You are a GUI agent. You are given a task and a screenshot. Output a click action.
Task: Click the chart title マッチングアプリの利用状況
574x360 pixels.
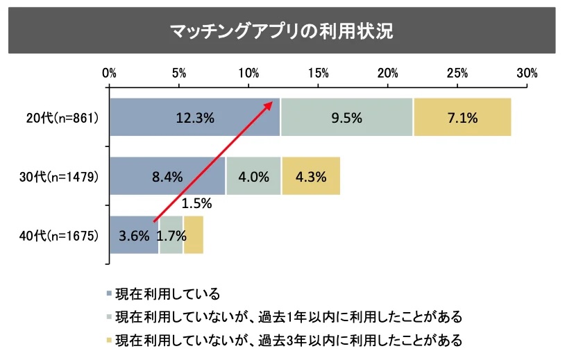tap(282, 31)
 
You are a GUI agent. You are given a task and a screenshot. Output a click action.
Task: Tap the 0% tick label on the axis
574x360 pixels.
tap(109, 73)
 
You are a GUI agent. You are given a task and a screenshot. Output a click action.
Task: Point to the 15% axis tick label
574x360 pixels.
tap(319, 73)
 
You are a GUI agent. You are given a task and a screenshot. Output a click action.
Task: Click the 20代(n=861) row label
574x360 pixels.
tap(62, 118)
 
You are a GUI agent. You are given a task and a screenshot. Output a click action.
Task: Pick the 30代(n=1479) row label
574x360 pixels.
tap(60, 176)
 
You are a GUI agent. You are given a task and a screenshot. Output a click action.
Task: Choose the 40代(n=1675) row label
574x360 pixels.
tap(60, 235)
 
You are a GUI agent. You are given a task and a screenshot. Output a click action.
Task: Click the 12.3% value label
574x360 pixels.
tap(195, 118)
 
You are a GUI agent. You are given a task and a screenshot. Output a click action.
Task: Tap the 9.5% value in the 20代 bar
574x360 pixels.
tap(347, 118)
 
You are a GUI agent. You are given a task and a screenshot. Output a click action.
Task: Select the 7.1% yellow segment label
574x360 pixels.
tap(462, 118)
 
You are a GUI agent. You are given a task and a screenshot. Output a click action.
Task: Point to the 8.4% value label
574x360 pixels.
tap(167, 176)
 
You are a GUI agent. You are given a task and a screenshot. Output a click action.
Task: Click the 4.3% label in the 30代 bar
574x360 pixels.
tap(310, 176)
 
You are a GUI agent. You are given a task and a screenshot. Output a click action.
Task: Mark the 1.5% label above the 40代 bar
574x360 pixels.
tap(196, 205)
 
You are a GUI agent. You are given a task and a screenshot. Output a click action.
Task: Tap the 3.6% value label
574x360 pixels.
tap(134, 235)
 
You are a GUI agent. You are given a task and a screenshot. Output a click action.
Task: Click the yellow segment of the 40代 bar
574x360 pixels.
tap(194, 235)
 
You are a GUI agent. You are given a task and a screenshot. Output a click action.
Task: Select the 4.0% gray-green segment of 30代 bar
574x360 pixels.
tap(253, 176)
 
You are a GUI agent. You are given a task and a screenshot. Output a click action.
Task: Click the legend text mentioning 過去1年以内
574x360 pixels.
tap(288, 317)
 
